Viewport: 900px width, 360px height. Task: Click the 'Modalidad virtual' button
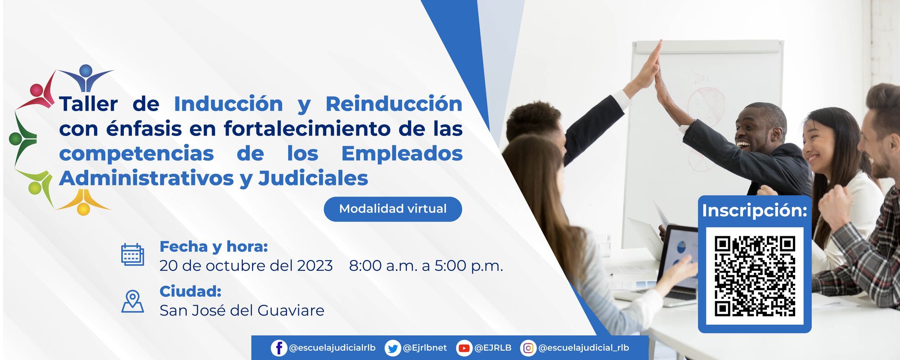coord(393,209)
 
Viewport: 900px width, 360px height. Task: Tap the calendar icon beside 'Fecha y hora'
coord(133,254)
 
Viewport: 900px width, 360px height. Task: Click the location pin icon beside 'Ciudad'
coord(133,301)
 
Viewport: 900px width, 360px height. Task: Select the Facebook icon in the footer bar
coord(279,348)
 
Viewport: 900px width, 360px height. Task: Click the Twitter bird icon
coord(393,348)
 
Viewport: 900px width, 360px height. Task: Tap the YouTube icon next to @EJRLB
coord(463,348)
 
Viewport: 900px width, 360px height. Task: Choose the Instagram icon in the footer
coord(528,348)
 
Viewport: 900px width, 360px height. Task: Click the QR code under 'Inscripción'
coord(755,276)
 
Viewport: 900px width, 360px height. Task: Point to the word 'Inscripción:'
coord(755,211)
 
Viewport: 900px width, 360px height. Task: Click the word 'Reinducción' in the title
coord(394,104)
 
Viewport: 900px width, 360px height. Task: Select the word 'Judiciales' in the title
coord(313,178)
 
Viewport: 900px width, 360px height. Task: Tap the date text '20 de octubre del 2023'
coord(246,266)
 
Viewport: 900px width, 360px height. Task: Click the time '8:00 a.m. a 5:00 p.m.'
coord(426,266)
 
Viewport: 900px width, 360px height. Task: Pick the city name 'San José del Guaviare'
coord(242,310)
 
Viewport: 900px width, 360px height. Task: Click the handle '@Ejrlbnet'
coord(425,348)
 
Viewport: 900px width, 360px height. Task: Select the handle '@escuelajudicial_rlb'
coord(584,348)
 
